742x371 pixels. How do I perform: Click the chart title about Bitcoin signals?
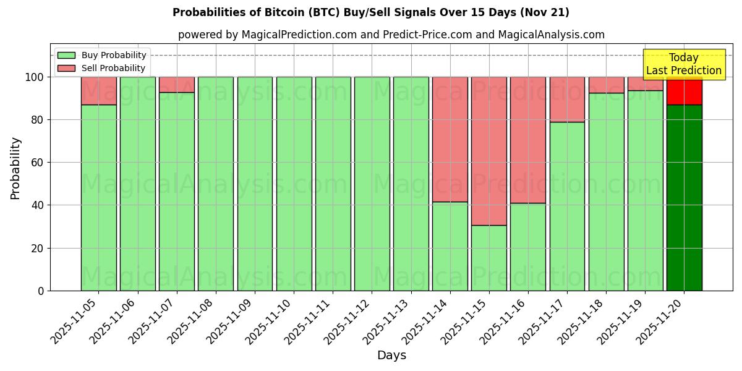(x=370, y=12)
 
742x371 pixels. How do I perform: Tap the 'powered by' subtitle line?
(x=391, y=35)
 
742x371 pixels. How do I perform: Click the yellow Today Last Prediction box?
(x=683, y=64)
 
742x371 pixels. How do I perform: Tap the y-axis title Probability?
(x=15, y=168)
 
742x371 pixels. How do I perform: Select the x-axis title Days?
(x=391, y=356)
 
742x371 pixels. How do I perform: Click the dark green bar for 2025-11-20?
(x=684, y=198)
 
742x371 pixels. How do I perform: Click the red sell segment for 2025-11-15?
(x=488, y=151)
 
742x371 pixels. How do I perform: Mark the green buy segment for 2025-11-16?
(x=527, y=247)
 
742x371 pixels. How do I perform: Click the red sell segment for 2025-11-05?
(x=98, y=90)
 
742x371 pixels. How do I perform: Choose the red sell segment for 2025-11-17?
(x=566, y=99)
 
